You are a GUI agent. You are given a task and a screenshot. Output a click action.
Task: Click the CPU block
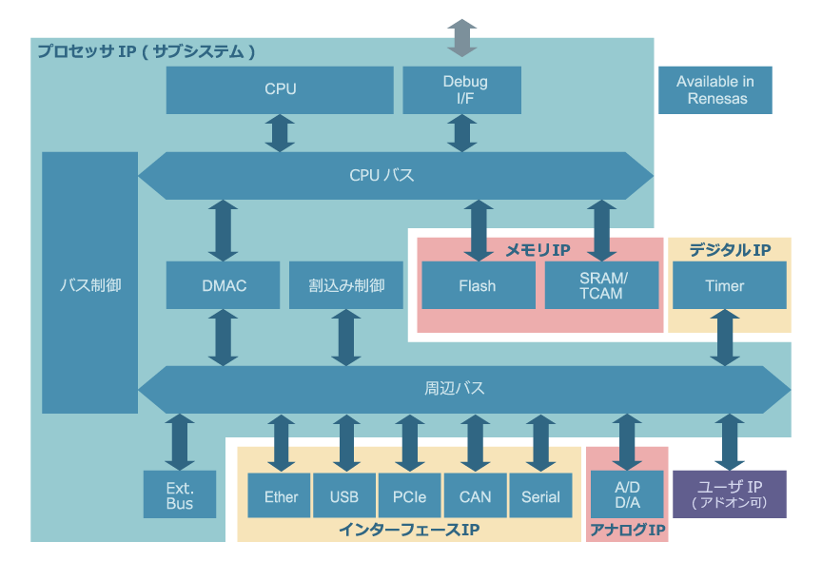(280, 89)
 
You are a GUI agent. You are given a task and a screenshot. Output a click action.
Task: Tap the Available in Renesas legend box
(714, 90)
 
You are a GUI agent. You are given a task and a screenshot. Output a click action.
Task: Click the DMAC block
(224, 285)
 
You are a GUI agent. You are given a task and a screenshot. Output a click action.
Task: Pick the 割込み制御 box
(346, 285)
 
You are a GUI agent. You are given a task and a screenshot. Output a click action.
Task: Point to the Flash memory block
(477, 285)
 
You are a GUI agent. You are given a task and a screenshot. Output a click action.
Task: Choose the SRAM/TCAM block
(601, 285)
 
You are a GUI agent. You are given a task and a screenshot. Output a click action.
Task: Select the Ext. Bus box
(179, 495)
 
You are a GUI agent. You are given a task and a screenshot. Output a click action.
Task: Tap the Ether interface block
(281, 496)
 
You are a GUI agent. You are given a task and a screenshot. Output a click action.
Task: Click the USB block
(344, 496)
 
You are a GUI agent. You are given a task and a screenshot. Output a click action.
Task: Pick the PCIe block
(409, 496)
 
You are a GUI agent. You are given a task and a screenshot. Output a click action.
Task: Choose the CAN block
(475, 496)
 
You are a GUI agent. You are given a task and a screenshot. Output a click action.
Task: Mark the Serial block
(540, 496)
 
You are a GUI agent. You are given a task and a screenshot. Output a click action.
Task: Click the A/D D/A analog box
(627, 495)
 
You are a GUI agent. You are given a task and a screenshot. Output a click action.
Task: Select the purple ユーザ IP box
(729, 494)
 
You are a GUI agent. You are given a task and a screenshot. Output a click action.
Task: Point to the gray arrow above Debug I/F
(461, 37)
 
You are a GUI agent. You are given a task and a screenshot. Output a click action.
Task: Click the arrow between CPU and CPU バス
(280, 133)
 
